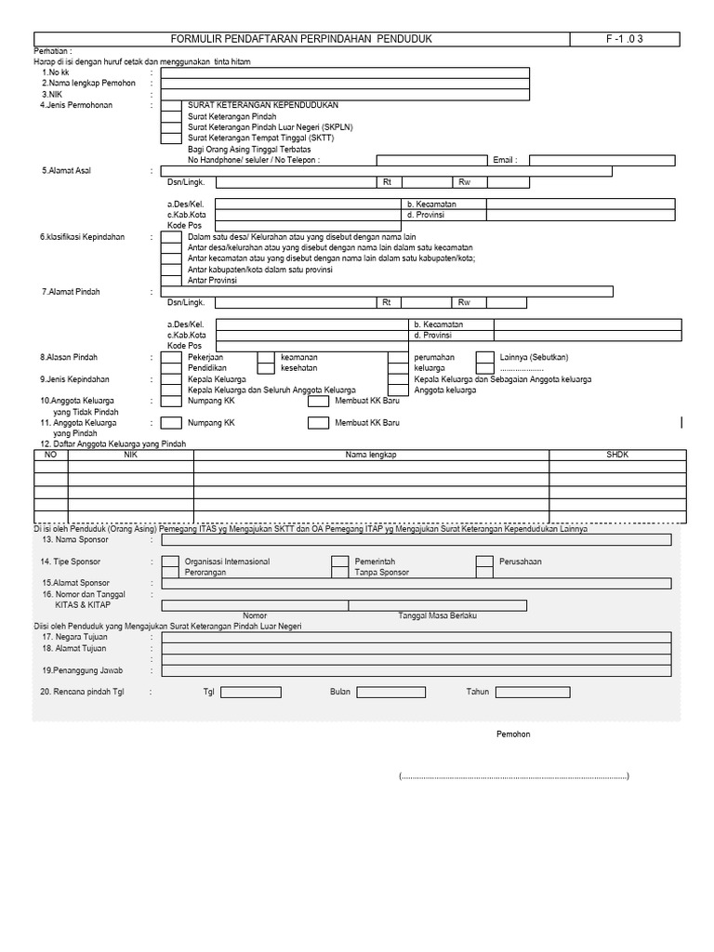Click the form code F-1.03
625,38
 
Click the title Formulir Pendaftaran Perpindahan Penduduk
302,38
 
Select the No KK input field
345,73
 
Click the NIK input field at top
345,94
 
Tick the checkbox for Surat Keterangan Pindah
171,116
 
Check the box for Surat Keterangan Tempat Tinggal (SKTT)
171,138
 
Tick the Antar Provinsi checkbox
171,280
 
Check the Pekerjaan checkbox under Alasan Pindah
171,357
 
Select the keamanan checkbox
266,357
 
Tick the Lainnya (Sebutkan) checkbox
484,357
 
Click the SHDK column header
617,456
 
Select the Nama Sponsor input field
416,539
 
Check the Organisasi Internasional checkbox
171,562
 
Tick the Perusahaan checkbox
484,562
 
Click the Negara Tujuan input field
416,638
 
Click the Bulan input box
391,693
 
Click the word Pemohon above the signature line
512,734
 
